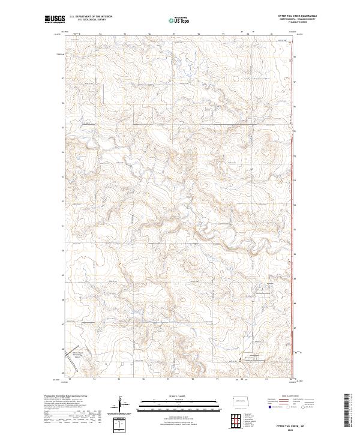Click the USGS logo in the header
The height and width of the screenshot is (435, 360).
pyautogui.click(x=55, y=19)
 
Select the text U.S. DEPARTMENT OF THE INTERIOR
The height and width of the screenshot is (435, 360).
pyautogui.click(x=91, y=17)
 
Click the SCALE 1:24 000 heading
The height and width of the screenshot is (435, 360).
pyautogui.click(x=171, y=397)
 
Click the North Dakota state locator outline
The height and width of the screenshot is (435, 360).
pyautogui.click(x=242, y=401)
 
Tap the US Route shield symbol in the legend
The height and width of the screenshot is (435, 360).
pyautogui.click(x=289, y=407)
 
